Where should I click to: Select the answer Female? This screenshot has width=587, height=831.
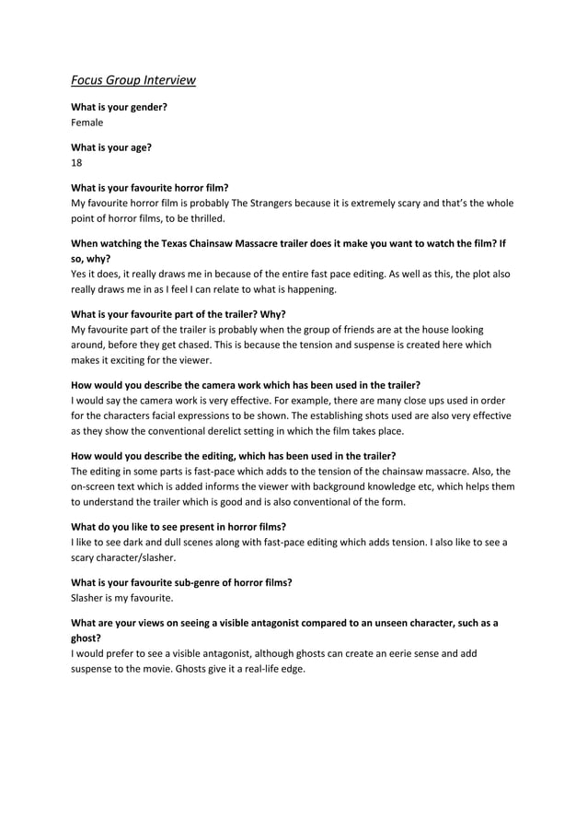[x=87, y=122]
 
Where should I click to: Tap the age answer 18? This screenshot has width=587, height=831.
[x=76, y=162]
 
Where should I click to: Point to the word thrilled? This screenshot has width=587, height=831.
[x=202, y=218]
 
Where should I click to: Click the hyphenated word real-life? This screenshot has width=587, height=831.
[x=251, y=669]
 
